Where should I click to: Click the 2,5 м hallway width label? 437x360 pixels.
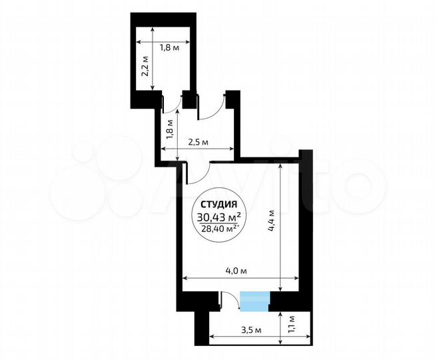coord(199,142)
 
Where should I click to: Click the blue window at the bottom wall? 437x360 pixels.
coord(254,301)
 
